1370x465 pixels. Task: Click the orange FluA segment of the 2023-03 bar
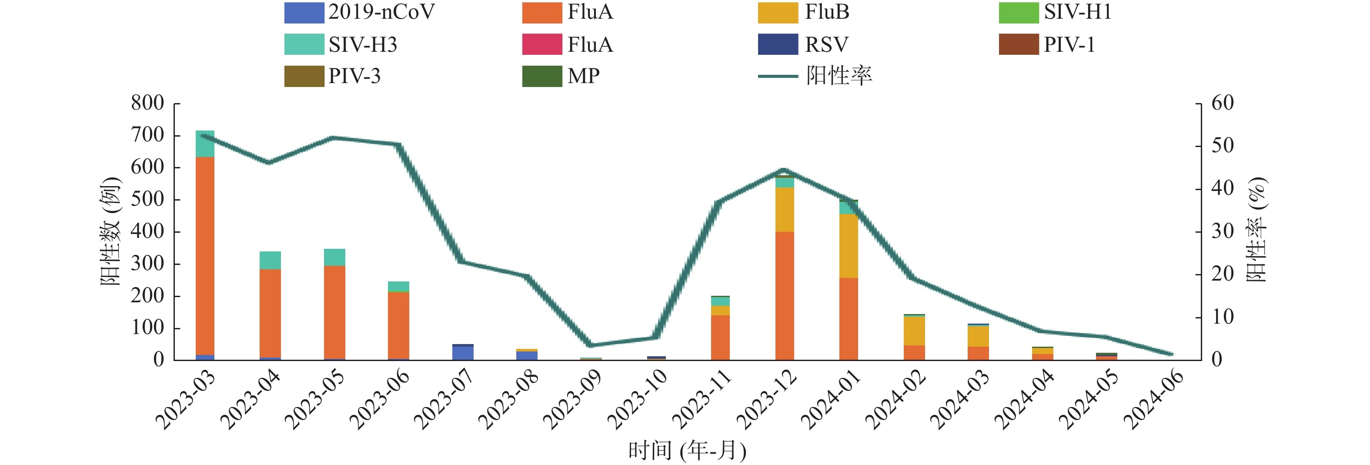pos(205,255)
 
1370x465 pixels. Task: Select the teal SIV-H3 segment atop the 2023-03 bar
pos(205,144)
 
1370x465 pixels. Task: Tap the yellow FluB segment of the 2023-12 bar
pos(785,209)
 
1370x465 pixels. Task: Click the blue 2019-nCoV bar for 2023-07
pos(463,353)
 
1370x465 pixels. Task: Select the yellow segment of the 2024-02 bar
pos(914,331)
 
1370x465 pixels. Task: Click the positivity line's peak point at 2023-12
pos(785,170)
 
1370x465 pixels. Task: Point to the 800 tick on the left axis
pos(148,103)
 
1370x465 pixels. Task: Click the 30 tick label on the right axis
pos(1222,231)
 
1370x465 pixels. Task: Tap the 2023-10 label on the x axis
pos(637,399)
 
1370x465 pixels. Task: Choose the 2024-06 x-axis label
pos(1153,399)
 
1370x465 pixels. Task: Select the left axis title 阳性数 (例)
pos(110,231)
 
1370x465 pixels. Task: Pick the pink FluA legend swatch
pos(541,44)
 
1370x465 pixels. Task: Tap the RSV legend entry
pos(826,44)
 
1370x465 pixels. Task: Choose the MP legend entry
pos(583,76)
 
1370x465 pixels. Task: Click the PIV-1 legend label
pos(1069,44)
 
